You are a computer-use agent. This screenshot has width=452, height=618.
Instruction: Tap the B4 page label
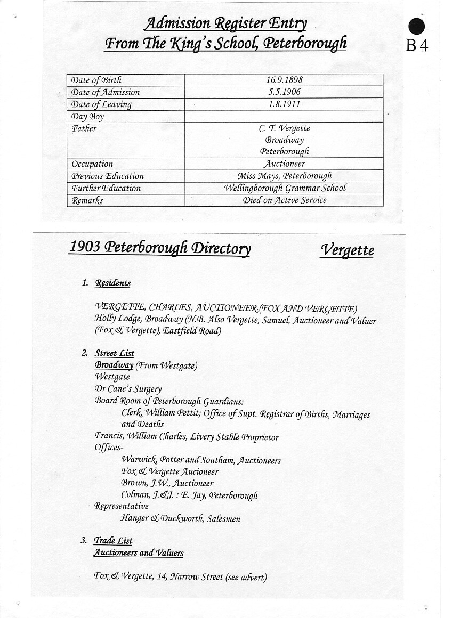[417, 46]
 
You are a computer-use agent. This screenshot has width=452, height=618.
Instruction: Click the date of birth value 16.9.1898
[284, 80]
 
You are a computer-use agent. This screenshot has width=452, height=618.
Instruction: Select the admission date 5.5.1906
[284, 92]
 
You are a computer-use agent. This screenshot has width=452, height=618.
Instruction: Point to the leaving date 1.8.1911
[284, 104]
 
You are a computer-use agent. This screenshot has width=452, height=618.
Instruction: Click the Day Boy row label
[88, 117]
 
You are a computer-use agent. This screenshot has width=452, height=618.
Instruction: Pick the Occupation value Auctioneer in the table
[284, 164]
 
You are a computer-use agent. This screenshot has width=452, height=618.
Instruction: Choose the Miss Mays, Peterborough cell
[284, 176]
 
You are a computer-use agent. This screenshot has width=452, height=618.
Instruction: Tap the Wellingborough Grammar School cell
[284, 188]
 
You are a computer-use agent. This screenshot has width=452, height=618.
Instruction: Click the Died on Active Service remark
[284, 200]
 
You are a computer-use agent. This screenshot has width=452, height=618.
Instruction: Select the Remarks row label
[87, 200]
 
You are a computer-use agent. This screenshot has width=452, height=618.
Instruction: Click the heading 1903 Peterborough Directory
[159, 248]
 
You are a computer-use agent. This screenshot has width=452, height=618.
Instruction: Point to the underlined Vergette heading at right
[347, 250]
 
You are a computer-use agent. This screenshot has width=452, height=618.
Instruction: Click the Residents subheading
[112, 283]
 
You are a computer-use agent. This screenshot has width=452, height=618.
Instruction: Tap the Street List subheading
[115, 353]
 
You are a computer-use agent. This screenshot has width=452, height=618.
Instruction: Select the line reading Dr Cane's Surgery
[128, 389]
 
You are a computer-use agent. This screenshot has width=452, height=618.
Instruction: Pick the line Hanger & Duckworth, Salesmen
[181, 518]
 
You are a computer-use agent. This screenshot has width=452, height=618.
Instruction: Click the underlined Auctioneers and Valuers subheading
[139, 553]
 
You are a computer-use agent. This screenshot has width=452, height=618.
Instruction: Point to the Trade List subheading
[113, 541]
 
